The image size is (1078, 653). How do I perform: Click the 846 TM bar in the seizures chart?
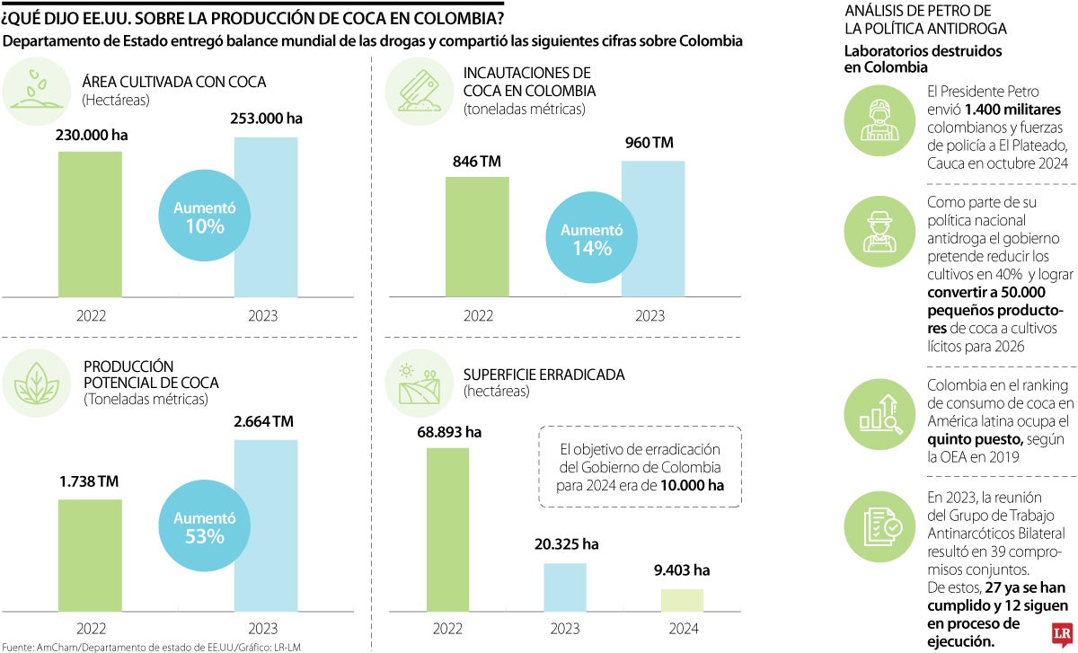pos(477,235)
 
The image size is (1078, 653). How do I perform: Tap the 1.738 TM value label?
pos(90,481)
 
